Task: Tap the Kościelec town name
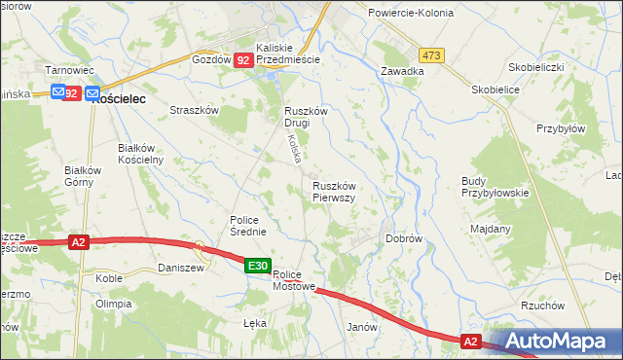[120, 98]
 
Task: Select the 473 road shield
[432, 55]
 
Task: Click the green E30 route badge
[257, 266]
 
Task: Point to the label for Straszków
[194, 111]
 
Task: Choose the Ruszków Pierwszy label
[334, 191]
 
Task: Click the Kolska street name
[292, 148]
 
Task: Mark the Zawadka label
[402, 71]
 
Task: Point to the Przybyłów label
[561, 128]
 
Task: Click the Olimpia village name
[113, 304]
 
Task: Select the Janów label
[361, 328]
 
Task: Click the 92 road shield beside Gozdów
[243, 60]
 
